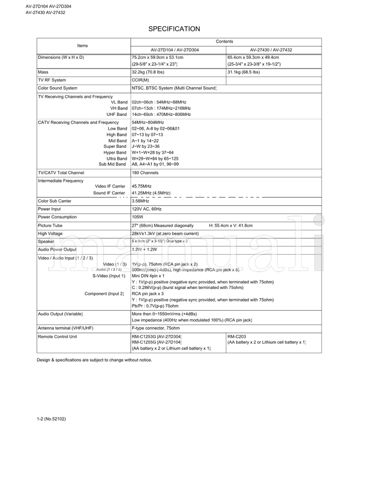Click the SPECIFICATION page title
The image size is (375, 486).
click(x=174, y=29)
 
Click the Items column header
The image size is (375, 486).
click(x=82, y=46)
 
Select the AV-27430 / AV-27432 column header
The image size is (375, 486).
click(x=274, y=50)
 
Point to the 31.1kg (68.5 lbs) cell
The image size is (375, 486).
click(x=243, y=72)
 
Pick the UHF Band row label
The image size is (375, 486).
click(x=117, y=114)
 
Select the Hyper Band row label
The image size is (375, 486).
click(x=115, y=152)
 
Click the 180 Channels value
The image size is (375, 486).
click(x=145, y=173)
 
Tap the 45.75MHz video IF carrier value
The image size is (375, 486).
click(x=142, y=186)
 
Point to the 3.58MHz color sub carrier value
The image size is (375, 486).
click(x=141, y=201)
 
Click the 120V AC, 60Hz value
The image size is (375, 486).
click(x=147, y=209)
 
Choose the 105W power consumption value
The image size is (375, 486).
click(x=137, y=217)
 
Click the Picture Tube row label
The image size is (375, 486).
click(x=50, y=226)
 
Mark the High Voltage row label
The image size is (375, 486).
click(x=51, y=234)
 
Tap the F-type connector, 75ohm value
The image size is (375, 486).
click(x=156, y=328)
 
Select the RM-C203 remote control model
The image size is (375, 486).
click(x=237, y=337)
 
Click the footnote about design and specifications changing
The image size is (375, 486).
click(x=94, y=360)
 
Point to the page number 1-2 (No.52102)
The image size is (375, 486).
click(x=51, y=419)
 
